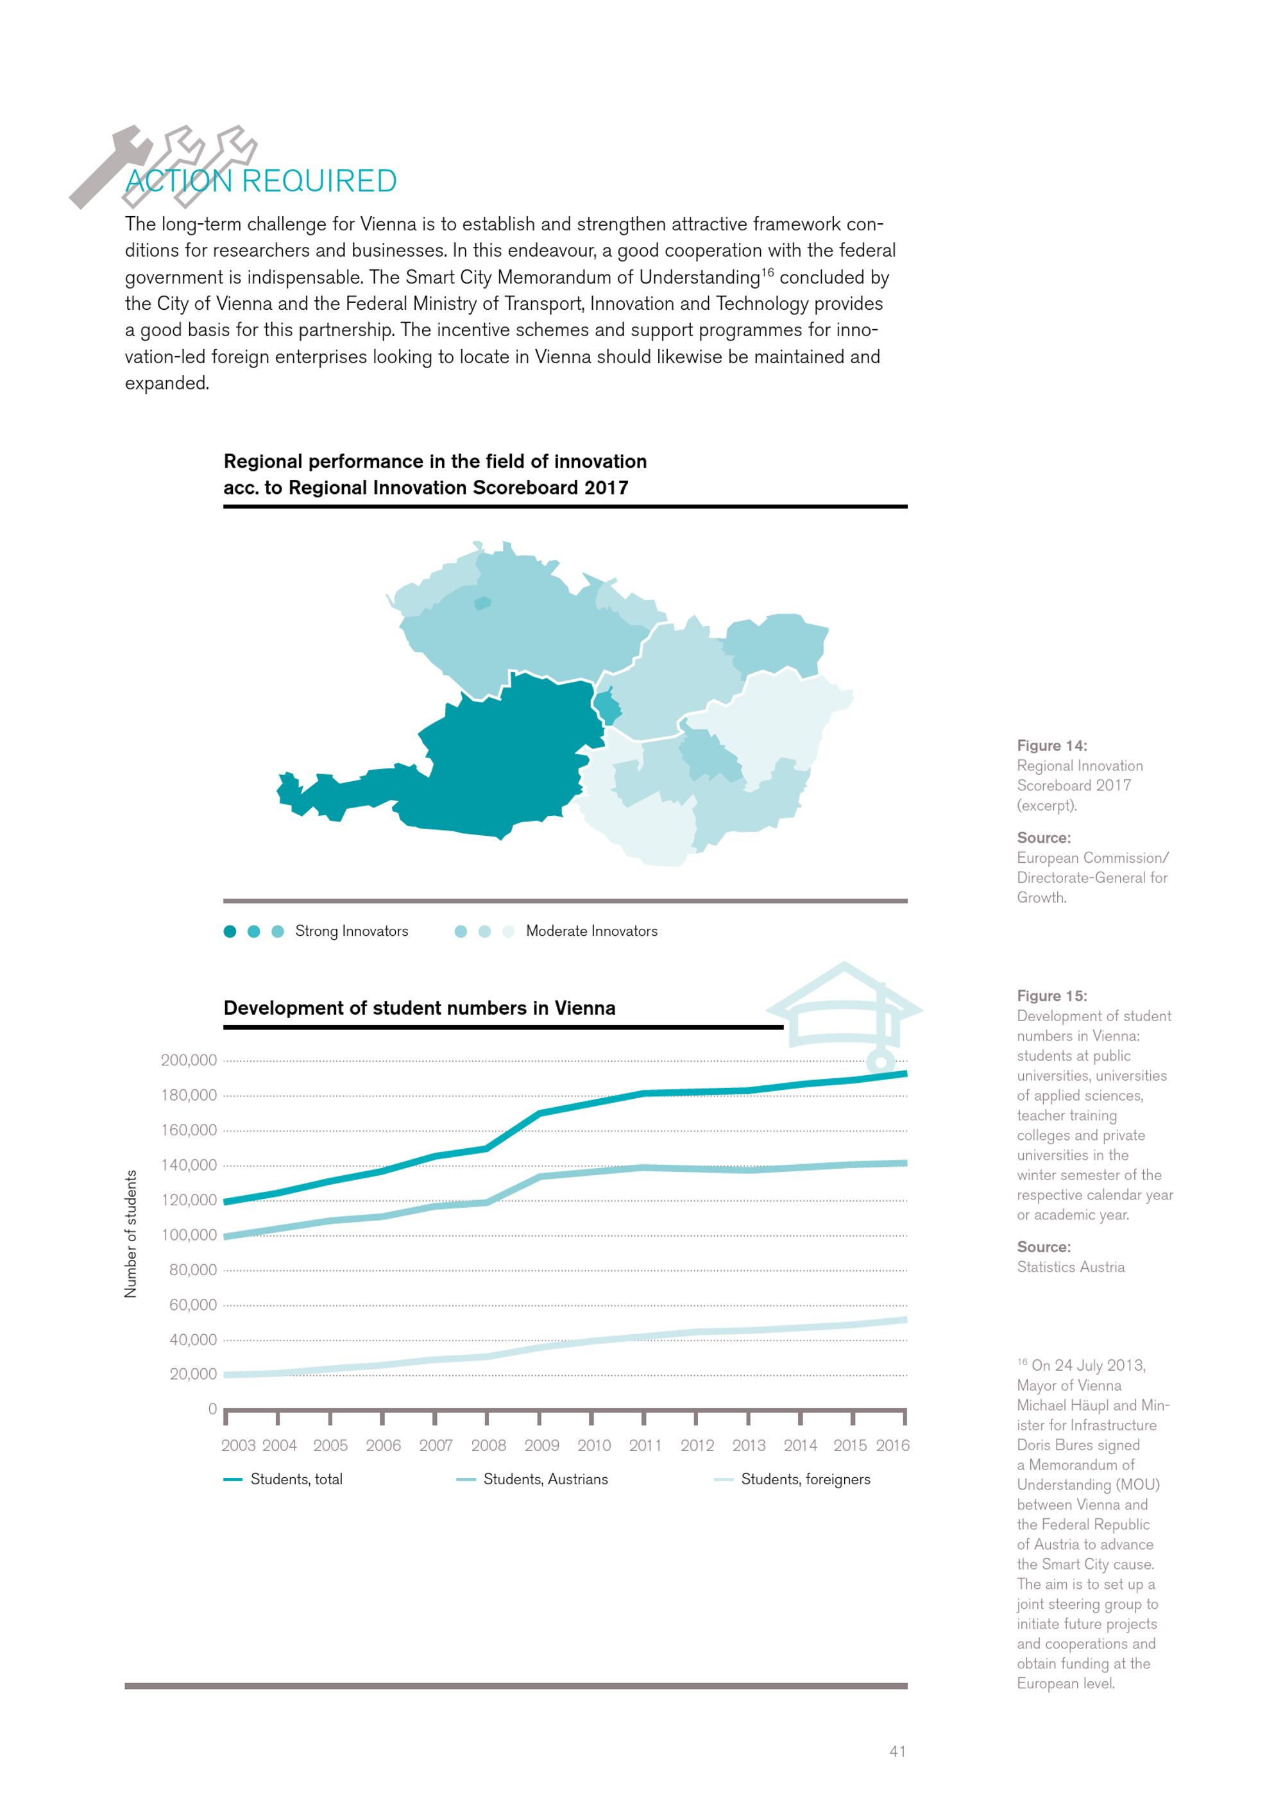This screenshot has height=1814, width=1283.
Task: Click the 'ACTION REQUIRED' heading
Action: (x=260, y=181)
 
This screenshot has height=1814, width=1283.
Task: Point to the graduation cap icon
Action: (x=845, y=1015)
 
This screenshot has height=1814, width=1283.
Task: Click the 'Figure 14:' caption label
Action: (x=1051, y=746)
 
